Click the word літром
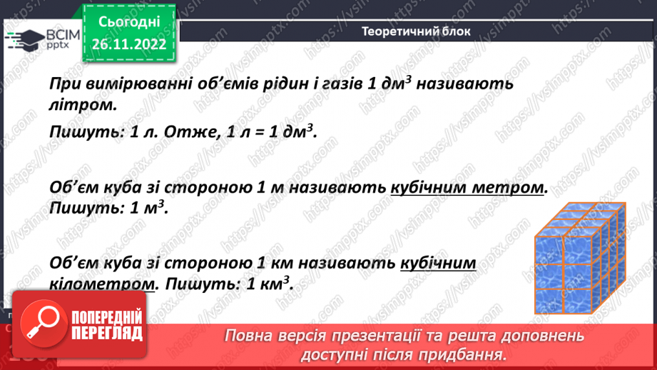click(x=82, y=104)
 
